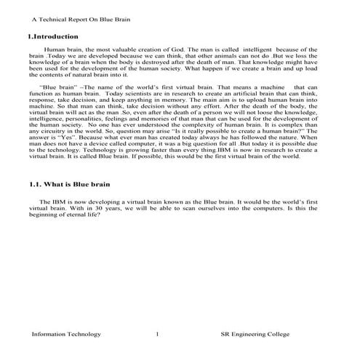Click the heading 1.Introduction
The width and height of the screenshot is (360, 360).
(x=47, y=36)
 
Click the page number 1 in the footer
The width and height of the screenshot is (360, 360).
(x=157, y=334)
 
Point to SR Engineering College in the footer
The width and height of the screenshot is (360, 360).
(x=255, y=334)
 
